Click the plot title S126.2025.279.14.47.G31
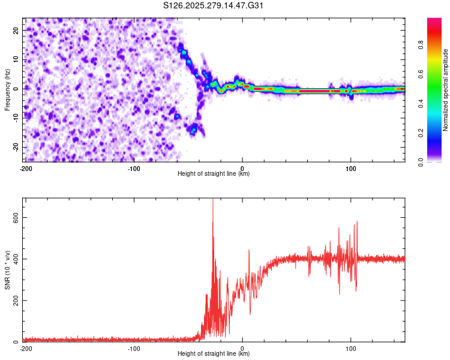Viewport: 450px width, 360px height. coord(214,5)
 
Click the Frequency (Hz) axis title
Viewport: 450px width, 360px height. coord(7,89)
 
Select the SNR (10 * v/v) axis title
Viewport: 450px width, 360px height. coord(7,270)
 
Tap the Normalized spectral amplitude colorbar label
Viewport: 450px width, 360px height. coord(445,90)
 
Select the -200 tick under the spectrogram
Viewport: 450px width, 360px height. coord(26,168)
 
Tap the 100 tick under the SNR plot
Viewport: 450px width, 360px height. coord(351,348)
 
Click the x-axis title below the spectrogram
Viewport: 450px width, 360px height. coord(214,174)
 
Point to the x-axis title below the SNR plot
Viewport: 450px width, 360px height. coord(214,354)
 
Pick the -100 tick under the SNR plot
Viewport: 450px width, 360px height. coord(134,348)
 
